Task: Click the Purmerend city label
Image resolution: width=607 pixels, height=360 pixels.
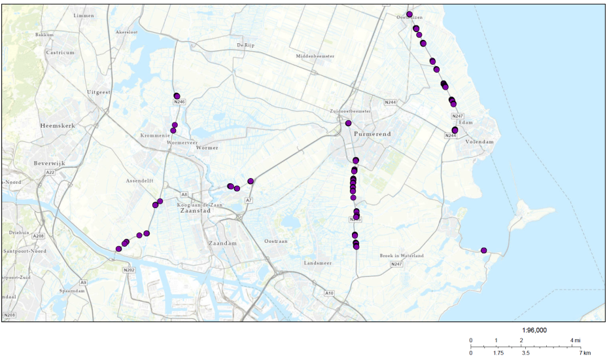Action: click(x=372, y=134)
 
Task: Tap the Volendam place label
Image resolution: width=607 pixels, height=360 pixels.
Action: click(x=479, y=141)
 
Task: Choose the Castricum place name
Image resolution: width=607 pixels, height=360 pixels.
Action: click(x=60, y=52)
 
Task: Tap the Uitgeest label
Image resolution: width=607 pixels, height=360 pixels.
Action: click(x=99, y=92)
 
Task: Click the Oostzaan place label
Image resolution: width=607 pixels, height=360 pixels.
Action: click(x=276, y=242)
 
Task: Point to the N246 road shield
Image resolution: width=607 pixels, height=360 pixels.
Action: click(x=179, y=102)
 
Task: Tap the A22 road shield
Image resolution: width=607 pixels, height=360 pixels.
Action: click(x=50, y=172)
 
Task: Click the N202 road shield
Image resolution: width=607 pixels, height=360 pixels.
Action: click(x=128, y=269)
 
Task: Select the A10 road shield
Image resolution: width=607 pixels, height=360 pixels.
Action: click(x=330, y=293)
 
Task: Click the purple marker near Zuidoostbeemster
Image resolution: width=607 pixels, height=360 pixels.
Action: click(x=349, y=123)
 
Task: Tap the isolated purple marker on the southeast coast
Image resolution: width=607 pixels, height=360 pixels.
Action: click(x=483, y=251)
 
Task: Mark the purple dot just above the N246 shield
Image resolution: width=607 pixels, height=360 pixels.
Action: click(x=177, y=96)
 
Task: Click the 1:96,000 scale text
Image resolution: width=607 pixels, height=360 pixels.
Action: click(x=534, y=331)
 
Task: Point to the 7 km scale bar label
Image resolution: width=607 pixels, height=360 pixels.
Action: click(x=585, y=353)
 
